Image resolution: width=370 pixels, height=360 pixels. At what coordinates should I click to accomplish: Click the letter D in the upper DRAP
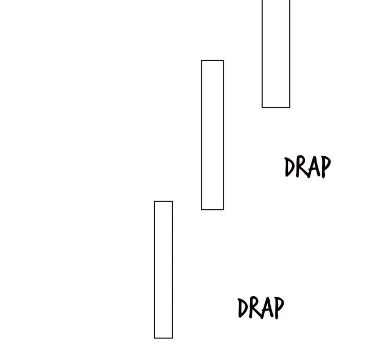pos(289,167)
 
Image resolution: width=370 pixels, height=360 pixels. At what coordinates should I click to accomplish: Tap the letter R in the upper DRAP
pos(300,167)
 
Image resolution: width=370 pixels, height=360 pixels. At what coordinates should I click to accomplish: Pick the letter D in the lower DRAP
pos(242,308)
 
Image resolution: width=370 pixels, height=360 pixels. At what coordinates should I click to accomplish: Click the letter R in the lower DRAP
pos(253,308)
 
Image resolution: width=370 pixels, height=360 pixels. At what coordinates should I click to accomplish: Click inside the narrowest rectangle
pos(163,270)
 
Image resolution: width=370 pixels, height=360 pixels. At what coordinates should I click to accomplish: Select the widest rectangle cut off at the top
pos(276,54)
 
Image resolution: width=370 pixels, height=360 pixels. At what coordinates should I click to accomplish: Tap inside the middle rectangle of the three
pos(212,135)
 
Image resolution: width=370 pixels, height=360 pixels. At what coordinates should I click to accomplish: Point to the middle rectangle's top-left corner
pos(201,61)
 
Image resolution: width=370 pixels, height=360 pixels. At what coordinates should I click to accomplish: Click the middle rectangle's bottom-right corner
pos(224,210)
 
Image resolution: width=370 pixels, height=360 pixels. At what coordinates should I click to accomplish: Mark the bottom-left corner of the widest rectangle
pos(262,107)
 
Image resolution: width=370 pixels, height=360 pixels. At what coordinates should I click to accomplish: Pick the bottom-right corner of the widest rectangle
pos(290,107)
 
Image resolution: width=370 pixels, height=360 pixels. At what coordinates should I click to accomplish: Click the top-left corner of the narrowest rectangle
pos(154,201)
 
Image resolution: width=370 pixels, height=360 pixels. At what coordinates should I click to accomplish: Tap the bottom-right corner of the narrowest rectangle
pos(173,338)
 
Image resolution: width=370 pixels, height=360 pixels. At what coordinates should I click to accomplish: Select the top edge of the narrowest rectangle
pos(163,201)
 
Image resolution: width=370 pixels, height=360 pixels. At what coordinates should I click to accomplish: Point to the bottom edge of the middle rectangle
pos(212,209)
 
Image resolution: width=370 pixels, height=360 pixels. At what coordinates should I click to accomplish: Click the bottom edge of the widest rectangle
pos(276,107)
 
